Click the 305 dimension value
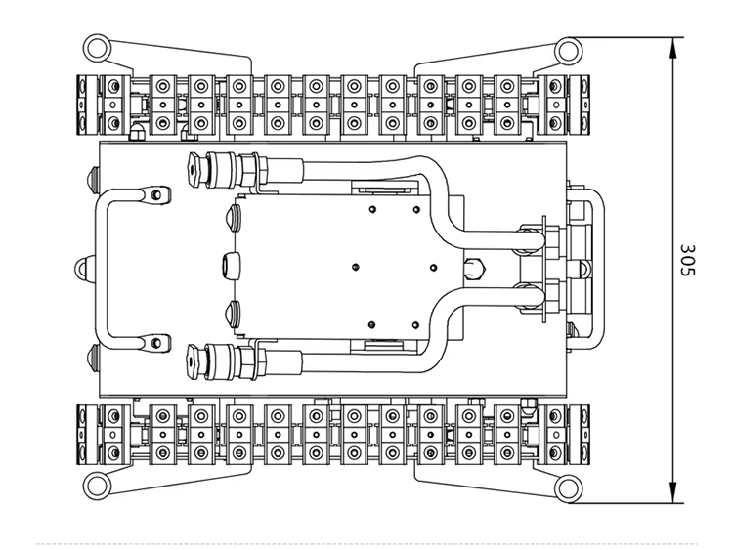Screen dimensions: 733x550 click(688, 260)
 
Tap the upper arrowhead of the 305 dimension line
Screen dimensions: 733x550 click(673, 48)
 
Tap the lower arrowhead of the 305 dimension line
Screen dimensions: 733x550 click(673, 492)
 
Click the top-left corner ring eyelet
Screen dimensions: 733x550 click(97, 46)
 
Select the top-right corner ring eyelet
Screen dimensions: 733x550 click(569, 50)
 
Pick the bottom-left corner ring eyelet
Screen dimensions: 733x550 click(97, 486)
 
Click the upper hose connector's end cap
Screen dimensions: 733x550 click(196, 170)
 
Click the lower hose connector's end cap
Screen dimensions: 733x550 click(196, 361)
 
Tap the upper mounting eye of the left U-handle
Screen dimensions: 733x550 click(155, 194)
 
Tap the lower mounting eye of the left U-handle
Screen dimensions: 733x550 click(155, 343)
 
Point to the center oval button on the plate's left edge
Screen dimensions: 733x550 click(232, 266)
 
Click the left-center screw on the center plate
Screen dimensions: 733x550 click(356, 268)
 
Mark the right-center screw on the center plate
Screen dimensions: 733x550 click(433, 268)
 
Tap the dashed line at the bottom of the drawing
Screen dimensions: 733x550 click(366, 543)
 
